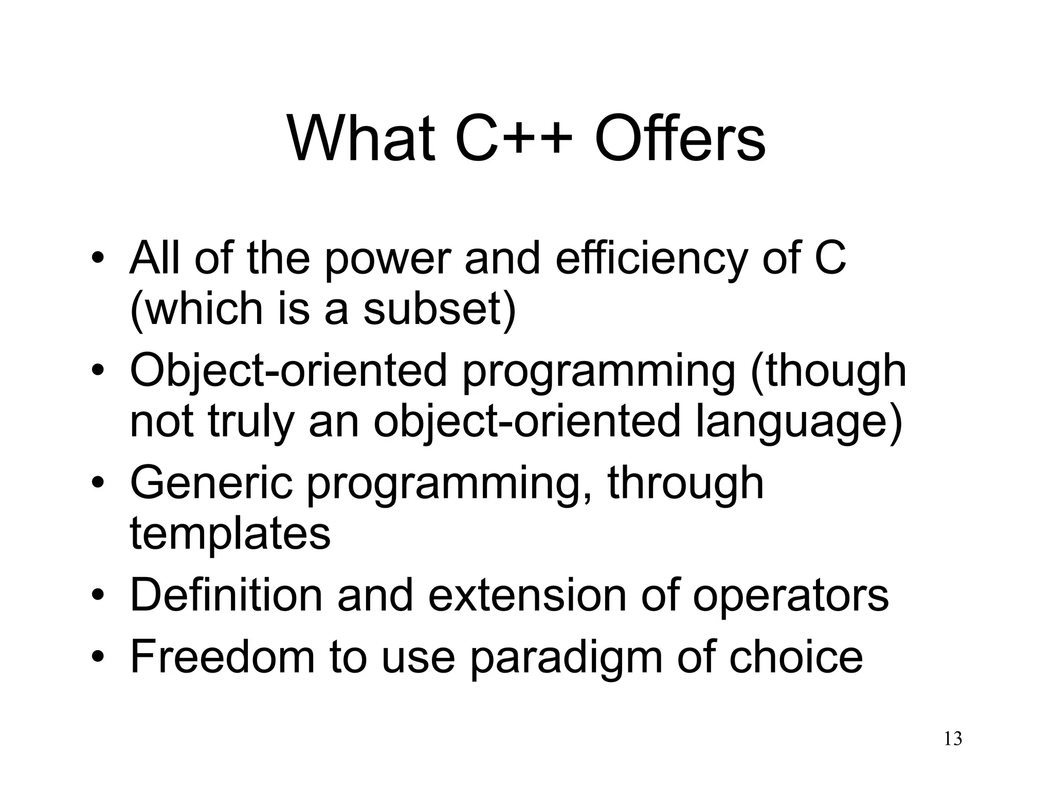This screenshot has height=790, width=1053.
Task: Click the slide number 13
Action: tap(953, 739)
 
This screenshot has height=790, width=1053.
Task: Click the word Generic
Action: tap(211, 483)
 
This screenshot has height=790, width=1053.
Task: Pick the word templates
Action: tap(230, 533)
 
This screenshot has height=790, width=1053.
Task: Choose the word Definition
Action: tap(226, 596)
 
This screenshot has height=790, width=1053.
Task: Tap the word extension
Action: tap(527, 596)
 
